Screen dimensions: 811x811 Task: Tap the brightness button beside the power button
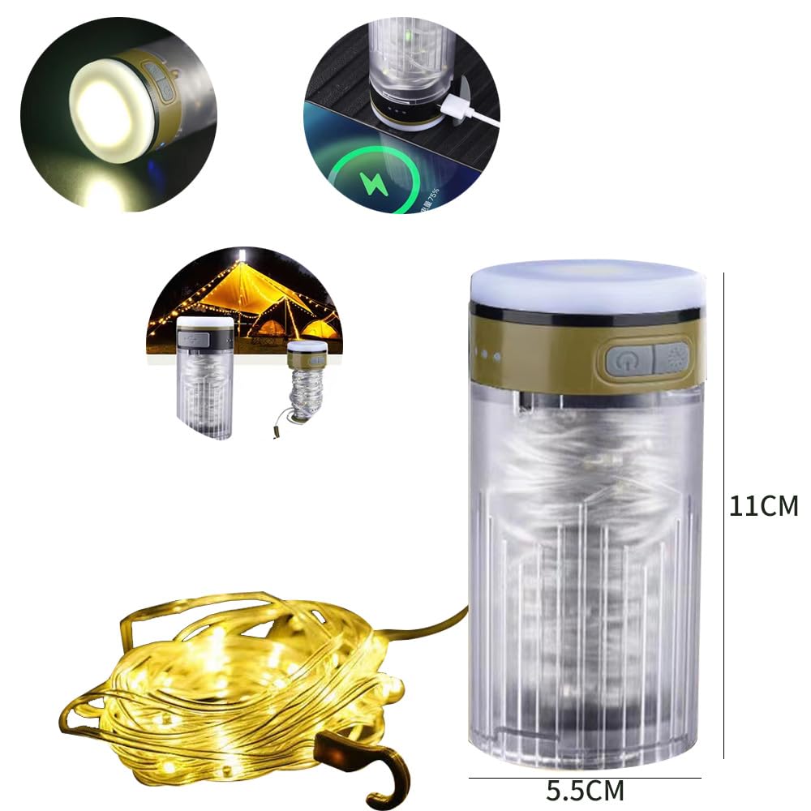671,358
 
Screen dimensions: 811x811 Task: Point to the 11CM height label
763,506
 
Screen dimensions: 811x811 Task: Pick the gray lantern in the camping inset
204,377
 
